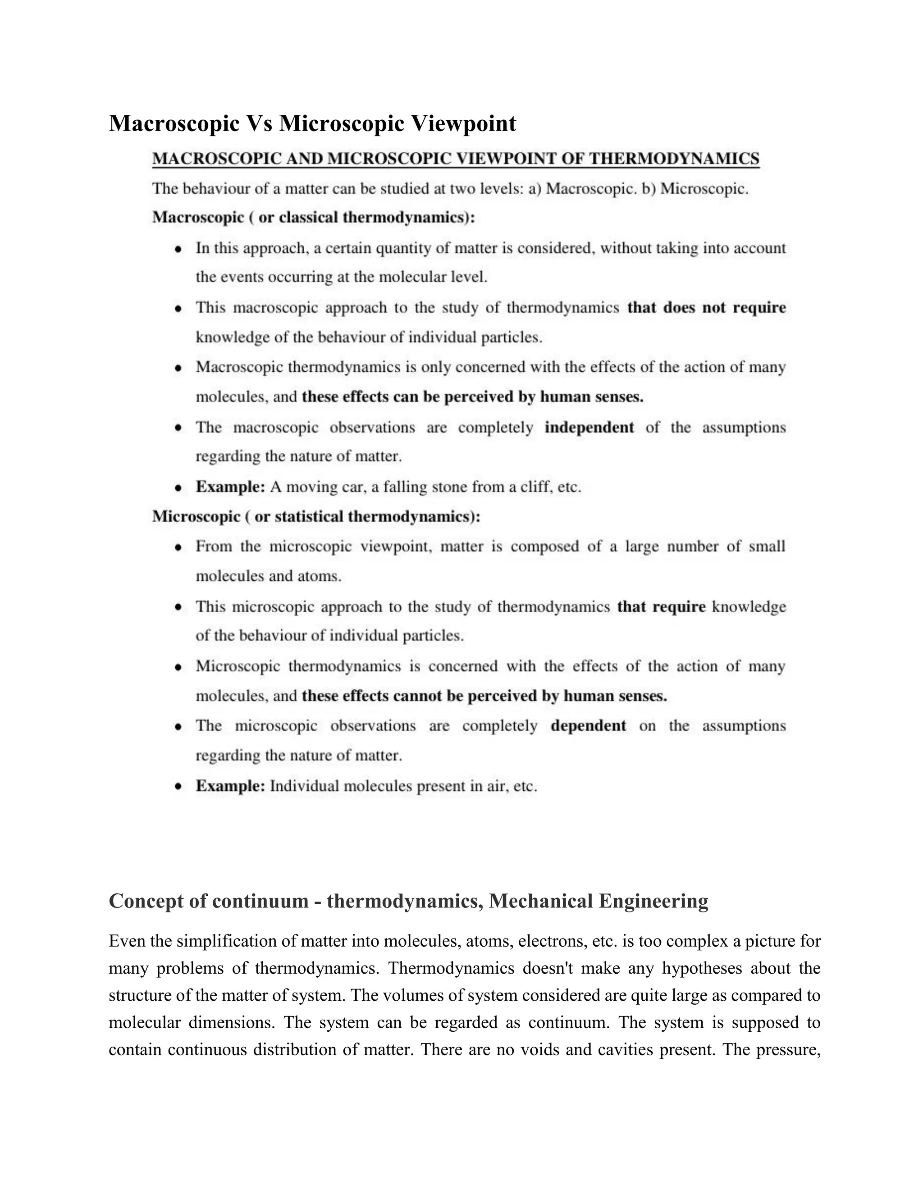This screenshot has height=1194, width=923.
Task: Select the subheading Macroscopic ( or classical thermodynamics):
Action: [x=313, y=218]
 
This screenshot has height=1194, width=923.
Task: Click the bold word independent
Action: [x=589, y=427]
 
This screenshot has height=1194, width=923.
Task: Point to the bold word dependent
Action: [x=588, y=725]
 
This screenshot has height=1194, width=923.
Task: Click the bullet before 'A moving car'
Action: [x=178, y=487]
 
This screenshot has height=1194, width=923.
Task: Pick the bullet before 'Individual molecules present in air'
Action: [x=178, y=786]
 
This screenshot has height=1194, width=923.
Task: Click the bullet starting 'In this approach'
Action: [x=178, y=249]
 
